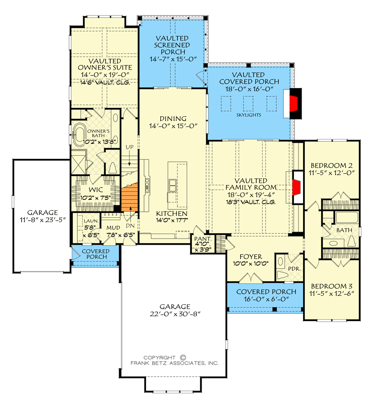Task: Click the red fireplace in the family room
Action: [x=296, y=188]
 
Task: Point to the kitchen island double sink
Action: [x=172, y=185]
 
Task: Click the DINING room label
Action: [x=173, y=119]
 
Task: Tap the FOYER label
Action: [x=251, y=257]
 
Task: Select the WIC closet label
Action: [x=96, y=190]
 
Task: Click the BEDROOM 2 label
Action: [x=331, y=165]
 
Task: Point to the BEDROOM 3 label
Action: [x=332, y=286]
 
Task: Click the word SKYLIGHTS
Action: [x=249, y=115]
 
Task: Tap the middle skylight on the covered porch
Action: [x=248, y=103]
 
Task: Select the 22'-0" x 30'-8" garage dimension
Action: [x=175, y=314]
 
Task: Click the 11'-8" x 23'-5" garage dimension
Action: [x=43, y=220]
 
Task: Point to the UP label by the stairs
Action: [x=130, y=147]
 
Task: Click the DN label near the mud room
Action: [x=130, y=226]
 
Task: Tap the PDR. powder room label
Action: [x=294, y=269]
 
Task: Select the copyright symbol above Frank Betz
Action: [x=183, y=357]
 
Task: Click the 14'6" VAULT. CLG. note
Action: [x=105, y=82]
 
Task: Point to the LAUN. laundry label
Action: [x=91, y=221]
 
